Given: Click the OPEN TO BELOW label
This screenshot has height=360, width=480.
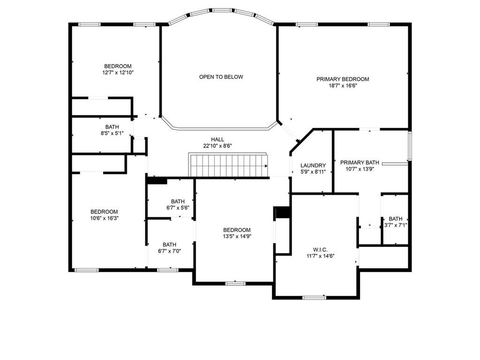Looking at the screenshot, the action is (x=221, y=77).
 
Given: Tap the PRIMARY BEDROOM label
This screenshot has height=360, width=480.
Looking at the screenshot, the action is (x=343, y=79).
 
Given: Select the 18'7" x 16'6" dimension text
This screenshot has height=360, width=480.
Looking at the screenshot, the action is (x=343, y=86).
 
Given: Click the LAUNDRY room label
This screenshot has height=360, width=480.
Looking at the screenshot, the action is (x=313, y=165).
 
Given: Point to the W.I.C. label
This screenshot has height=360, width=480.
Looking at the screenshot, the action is (x=320, y=250).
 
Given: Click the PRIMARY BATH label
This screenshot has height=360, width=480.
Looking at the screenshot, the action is (x=360, y=163).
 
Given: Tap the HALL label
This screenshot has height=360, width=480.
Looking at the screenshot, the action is (x=217, y=140).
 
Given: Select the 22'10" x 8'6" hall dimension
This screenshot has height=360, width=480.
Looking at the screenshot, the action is (x=217, y=146).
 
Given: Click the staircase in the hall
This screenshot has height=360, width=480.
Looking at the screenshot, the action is (x=228, y=165).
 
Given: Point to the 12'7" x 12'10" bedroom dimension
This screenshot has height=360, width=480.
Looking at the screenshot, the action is (x=118, y=73).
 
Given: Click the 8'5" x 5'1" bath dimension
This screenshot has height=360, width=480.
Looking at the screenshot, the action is (x=112, y=133).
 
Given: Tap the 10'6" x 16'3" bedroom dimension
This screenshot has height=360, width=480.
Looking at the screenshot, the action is (x=104, y=218).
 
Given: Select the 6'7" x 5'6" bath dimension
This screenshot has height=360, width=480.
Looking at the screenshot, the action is (x=178, y=208).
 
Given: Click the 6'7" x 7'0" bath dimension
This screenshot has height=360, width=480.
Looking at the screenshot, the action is (x=170, y=251).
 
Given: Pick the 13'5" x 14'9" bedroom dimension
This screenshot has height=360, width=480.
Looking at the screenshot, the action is (x=237, y=236).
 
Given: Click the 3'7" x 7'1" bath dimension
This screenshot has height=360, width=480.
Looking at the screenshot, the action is (x=396, y=225).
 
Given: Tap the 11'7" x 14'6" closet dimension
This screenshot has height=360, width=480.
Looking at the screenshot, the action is (x=320, y=256).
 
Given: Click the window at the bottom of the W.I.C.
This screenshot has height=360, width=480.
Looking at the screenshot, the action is (x=314, y=297).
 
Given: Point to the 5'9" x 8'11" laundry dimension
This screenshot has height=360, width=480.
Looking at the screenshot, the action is (x=313, y=172).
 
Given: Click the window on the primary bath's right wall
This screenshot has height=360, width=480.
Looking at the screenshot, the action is (x=410, y=146).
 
